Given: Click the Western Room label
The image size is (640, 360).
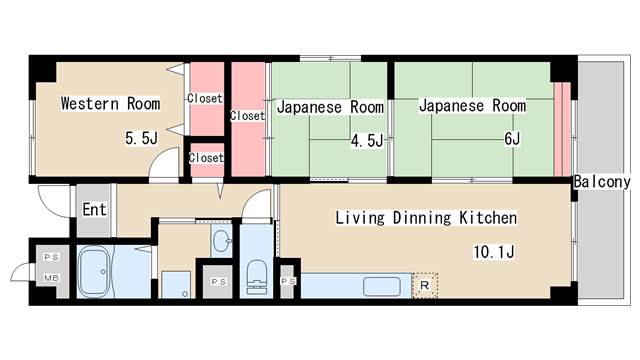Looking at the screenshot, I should (110, 103).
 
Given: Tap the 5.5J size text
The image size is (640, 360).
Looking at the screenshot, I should (141, 138).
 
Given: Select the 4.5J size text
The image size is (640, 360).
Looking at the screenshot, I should (366, 141).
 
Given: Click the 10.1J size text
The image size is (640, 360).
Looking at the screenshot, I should (494, 252).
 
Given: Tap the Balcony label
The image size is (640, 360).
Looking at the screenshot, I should (602, 182).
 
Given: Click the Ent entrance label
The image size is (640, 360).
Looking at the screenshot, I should (94, 210).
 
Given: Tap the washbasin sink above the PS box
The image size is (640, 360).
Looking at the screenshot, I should (221, 241).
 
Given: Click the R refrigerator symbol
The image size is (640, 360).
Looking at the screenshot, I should (426, 286).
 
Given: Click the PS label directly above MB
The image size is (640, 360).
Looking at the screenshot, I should (50, 258).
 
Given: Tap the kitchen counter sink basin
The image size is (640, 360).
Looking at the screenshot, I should (384, 287).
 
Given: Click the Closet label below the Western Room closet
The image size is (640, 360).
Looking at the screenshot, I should (206, 158).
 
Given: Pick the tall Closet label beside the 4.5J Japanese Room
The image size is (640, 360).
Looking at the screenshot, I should (247, 116).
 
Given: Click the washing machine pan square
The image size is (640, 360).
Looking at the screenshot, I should (176, 284).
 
